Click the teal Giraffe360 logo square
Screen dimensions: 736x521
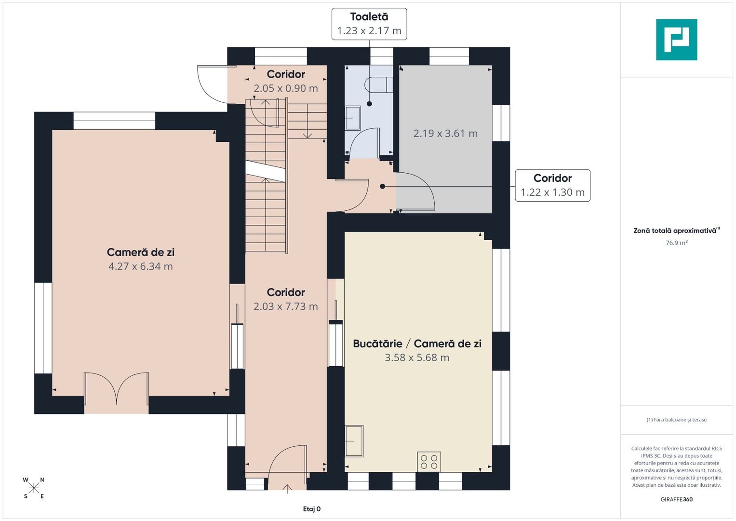point(677,40)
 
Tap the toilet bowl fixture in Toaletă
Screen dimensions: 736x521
point(378,84)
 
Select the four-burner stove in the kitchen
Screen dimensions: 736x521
point(429,462)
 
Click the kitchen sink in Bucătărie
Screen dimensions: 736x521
point(354,441)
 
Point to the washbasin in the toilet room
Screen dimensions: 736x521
point(352,118)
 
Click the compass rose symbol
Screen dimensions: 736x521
point(34,488)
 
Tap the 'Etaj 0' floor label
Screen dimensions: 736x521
point(312,509)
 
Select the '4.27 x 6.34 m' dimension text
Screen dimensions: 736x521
point(141,266)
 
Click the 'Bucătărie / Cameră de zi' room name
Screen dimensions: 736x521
point(417,343)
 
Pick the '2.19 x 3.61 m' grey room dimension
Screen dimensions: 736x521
point(445,133)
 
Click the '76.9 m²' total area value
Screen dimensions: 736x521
point(677,243)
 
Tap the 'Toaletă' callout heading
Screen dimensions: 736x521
point(369,16)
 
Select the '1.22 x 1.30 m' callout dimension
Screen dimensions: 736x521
point(552,192)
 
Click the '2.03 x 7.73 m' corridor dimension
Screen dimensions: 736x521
point(285,306)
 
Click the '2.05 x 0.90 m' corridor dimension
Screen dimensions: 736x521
point(285,88)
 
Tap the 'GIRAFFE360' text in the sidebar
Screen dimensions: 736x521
point(677,499)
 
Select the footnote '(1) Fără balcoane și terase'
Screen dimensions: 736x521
point(677,420)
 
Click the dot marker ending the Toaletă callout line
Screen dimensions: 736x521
point(369,104)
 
